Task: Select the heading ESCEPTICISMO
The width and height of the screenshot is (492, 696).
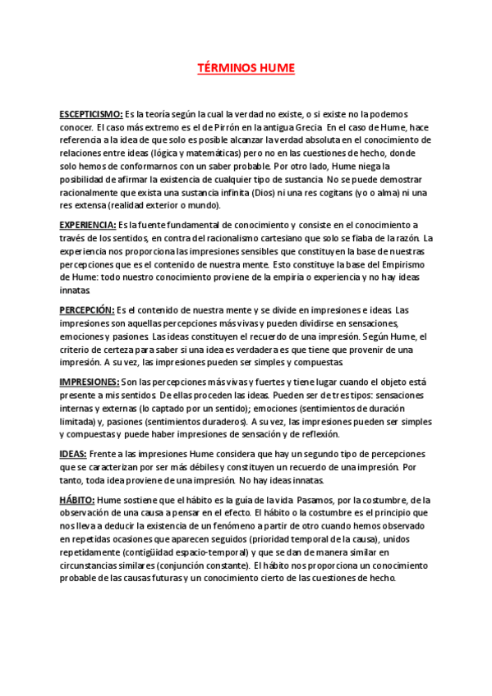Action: pyautogui.click(x=91, y=114)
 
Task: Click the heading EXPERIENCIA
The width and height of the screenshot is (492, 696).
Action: pyautogui.click(x=88, y=225)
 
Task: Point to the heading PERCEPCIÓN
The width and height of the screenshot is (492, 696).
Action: pyautogui.click(x=86, y=309)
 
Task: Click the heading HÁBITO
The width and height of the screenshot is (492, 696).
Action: pyautogui.click(x=77, y=500)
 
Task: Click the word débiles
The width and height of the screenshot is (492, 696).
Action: pyautogui.click(x=195, y=467)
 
